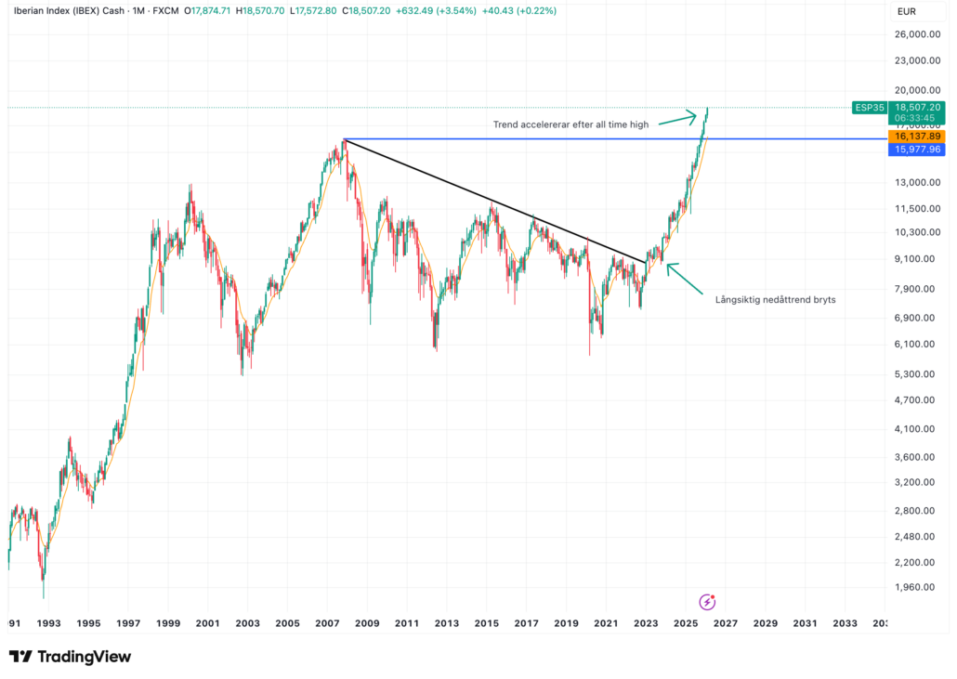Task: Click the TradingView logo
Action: tap(70, 657)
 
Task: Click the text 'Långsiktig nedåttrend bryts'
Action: tap(775, 299)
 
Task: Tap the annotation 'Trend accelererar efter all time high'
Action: tap(570, 124)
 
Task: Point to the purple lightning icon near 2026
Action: tap(707, 601)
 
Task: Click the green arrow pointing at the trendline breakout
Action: tap(686, 278)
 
